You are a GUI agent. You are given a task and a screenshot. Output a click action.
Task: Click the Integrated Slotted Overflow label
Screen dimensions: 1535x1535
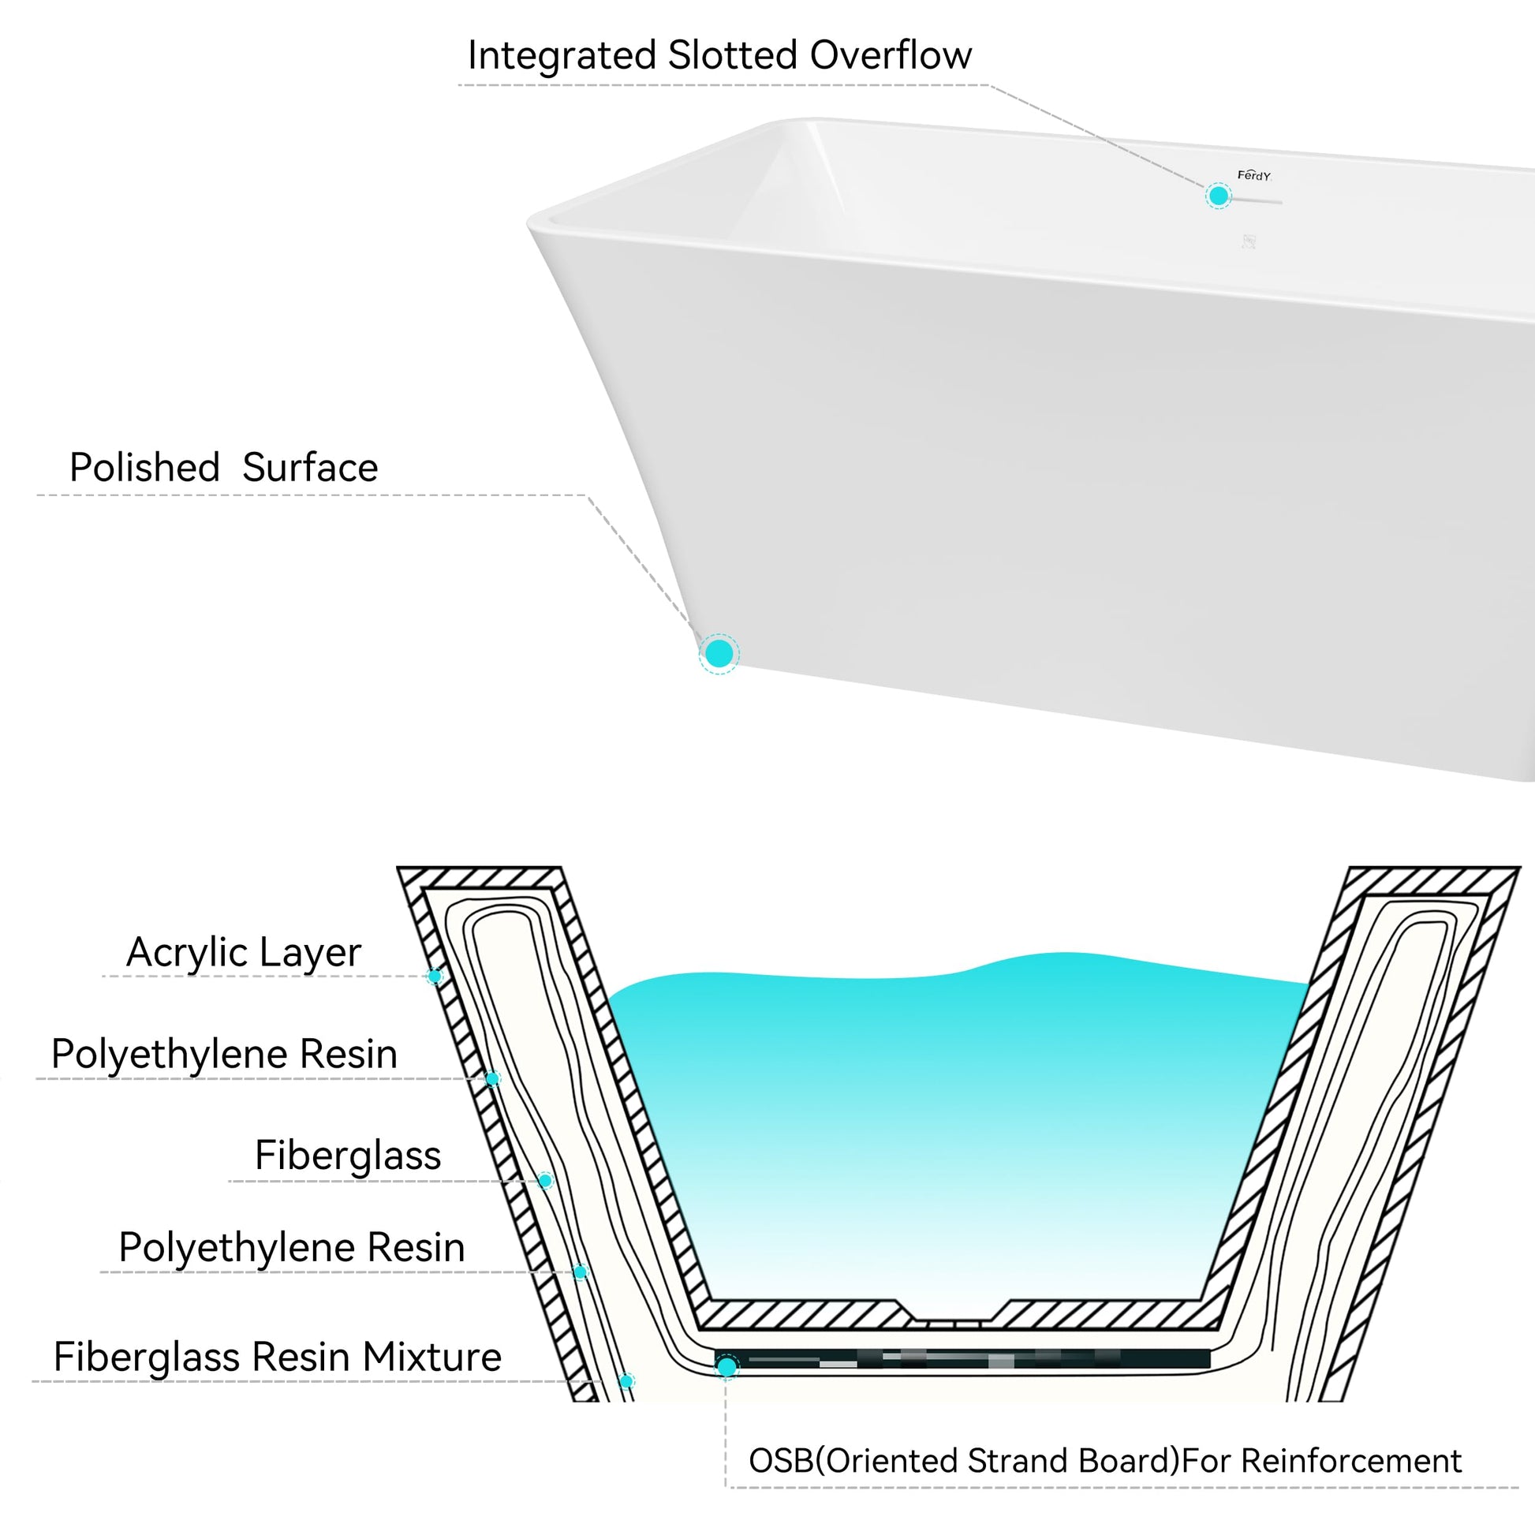point(719,56)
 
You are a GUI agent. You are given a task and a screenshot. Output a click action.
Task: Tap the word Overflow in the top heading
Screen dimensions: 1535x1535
point(891,56)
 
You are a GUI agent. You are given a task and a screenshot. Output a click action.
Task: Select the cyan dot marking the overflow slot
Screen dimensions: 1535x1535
point(1218,196)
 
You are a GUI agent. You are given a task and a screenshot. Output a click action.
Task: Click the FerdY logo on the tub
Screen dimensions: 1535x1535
point(1253,176)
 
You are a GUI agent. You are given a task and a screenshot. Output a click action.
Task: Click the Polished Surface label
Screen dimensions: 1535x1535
point(223,467)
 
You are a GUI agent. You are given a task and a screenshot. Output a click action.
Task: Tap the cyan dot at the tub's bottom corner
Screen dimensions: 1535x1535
point(719,653)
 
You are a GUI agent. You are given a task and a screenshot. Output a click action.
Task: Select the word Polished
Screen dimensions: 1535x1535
point(144,467)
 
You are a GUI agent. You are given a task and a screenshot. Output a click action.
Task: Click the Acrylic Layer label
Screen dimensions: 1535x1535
point(243,952)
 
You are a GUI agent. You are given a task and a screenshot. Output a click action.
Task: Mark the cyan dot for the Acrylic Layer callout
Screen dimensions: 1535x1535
point(435,976)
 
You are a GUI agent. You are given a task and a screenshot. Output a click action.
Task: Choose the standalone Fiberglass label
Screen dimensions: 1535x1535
point(347,1156)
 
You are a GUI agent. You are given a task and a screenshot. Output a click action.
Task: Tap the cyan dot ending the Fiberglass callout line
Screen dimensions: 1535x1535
point(545,1181)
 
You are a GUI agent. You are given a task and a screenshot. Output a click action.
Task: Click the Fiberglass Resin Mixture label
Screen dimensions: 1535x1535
point(278,1356)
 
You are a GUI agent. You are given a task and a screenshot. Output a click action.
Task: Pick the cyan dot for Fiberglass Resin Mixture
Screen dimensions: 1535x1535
point(626,1381)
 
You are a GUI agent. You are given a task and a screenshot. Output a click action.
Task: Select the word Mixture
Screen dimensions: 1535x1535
point(432,1356)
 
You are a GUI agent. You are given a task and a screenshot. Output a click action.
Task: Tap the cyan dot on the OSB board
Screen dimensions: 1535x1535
point(726,1367)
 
